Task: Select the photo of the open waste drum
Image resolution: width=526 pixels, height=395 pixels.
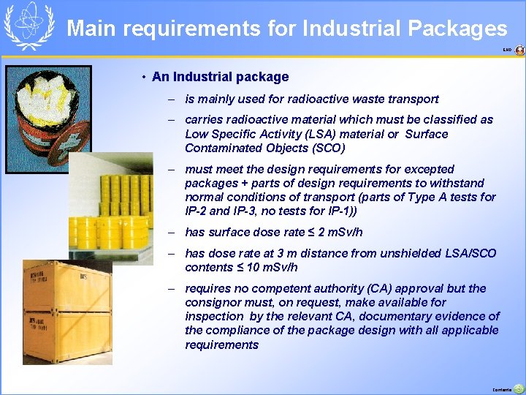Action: point(48,118)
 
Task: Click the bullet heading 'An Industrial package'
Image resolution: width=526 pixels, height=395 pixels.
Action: point(220,77)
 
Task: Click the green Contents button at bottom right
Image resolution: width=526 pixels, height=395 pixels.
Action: point(517,388)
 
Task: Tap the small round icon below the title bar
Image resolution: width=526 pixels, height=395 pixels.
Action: point(519,50)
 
